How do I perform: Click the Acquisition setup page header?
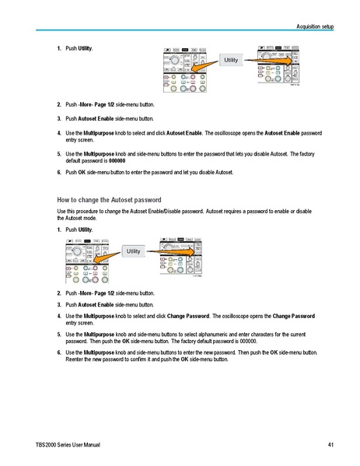[x=315, y=26]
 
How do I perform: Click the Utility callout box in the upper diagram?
[x=231, y=60]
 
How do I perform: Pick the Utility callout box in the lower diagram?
[x=133, y=251]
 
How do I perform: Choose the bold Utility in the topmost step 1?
[x=85, y=48]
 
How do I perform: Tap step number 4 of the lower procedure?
[x=60, y=317]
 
